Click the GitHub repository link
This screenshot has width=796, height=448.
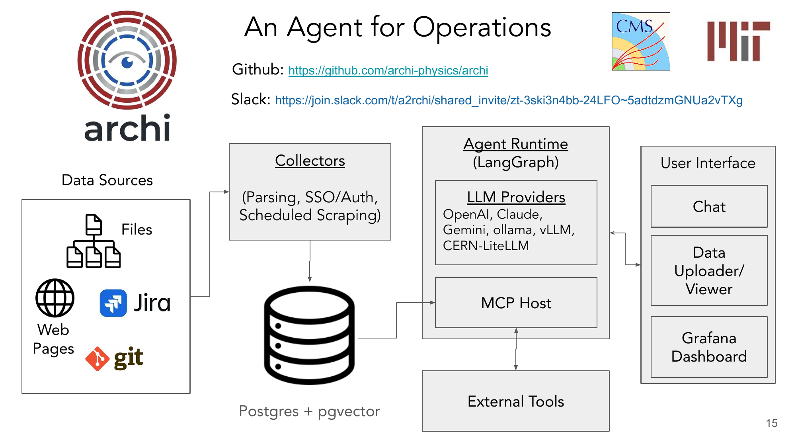tap(388, 70)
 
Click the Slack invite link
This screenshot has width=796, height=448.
tap(509, 100)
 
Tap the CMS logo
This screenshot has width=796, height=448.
tap(641, 41)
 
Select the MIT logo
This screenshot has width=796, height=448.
tap(738, 41)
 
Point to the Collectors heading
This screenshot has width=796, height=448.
tap(310, 160)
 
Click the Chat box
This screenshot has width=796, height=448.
tap(709, 206)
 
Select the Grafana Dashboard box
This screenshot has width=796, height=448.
tap(709, 347)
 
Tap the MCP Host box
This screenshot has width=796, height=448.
tap(516, 303)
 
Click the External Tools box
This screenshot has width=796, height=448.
tap(516, 401)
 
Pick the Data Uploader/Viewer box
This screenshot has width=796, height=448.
tap(709, 270)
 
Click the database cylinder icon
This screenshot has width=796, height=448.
tap(309, 335)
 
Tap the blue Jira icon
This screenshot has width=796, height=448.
tap(113, 303)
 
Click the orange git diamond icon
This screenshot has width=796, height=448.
tap(97, 359)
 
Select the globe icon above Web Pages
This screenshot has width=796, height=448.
tap(55, 298)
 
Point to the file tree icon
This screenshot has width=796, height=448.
tap(94, 241)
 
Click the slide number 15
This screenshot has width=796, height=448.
tap(772, 423)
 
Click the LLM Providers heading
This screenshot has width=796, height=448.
tap(516, 197)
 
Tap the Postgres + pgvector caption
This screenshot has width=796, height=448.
tap(309, 411)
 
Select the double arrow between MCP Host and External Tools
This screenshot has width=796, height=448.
tap(516, 349)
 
